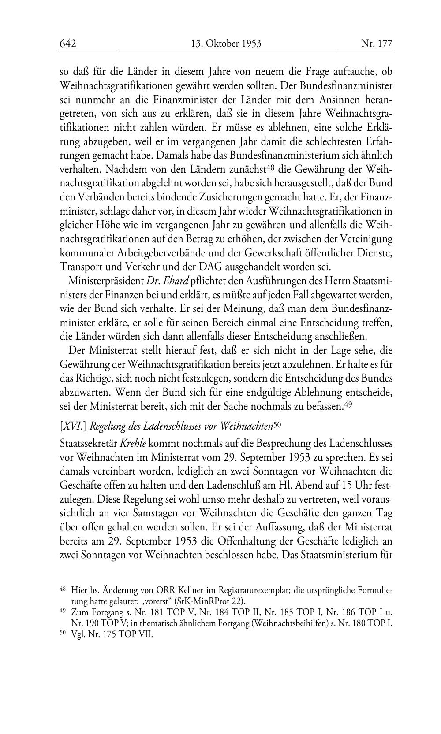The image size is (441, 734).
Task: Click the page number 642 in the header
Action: coord(68,43)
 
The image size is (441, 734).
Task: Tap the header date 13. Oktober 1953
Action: coord(226,43)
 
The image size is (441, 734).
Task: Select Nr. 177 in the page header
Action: coord(376,43)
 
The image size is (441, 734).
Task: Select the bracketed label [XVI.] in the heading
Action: coord(72,426)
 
